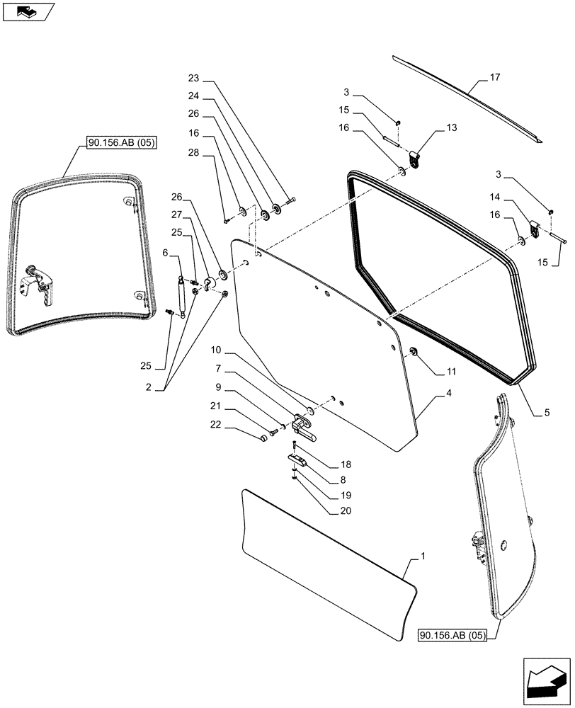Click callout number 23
tap(195, 78)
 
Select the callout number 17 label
tap(494, 79)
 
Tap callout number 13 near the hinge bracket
tap(451, 128)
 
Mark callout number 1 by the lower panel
tap(423, 558)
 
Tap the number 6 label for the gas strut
tap(165, 253)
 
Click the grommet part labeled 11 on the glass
tap(414, 352)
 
